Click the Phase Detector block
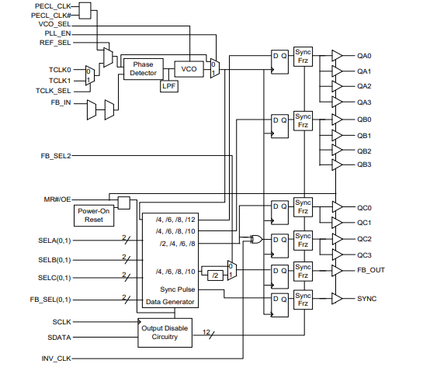click(144, 69)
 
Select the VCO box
click(189, 69)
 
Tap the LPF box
click(169, 86)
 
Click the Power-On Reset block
click(94, 216)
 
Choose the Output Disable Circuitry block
click(165, 333)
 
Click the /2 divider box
click(215, 275)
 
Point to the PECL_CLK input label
click(53, 6)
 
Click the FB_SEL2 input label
click(56, 156)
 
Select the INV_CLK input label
click(56, 358)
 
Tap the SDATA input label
click(59, 338)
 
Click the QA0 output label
click(364, 56)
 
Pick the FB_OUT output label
click(371, 270)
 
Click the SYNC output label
click(366, 299)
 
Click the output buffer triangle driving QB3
click(337, 165)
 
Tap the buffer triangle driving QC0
click(337, 207)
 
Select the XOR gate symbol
click(256, 239)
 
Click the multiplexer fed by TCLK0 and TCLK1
click(90, 75)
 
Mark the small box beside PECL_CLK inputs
click(85, 11)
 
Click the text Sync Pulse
click(178, 289)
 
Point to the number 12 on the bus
click(206, 332)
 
